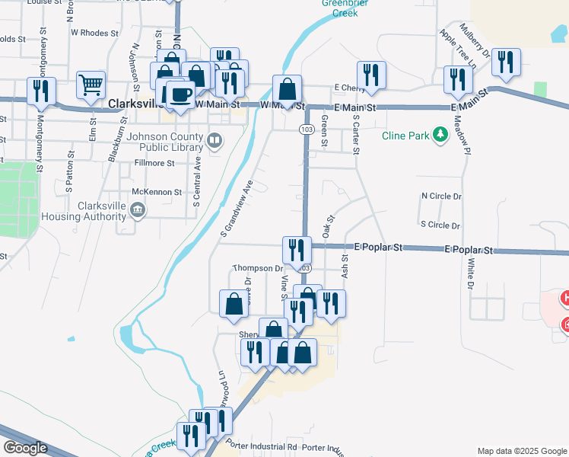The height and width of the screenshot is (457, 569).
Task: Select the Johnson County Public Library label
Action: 164,143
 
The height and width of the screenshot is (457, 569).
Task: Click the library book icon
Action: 215,139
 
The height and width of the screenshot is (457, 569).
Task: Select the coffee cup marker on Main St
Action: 180,94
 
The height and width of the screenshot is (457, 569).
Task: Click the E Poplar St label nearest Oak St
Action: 378,248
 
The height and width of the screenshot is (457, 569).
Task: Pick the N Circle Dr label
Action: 441,196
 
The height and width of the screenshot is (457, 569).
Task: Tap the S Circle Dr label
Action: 440,225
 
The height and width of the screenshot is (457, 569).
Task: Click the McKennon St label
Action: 157,193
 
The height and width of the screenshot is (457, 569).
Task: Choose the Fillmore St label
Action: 154,163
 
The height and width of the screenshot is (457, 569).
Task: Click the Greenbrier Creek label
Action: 339,8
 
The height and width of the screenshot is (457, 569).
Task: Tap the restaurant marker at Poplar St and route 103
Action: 296,249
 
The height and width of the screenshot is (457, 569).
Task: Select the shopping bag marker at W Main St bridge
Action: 288,88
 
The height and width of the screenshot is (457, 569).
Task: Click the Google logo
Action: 24,448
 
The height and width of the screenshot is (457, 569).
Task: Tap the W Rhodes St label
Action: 94,34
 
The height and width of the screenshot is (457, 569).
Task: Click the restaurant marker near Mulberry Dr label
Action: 506,62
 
